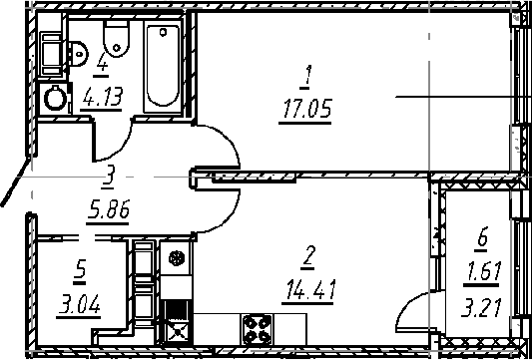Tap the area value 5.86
point(108,212)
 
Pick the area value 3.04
point(79,307)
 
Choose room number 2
point(307,257)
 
